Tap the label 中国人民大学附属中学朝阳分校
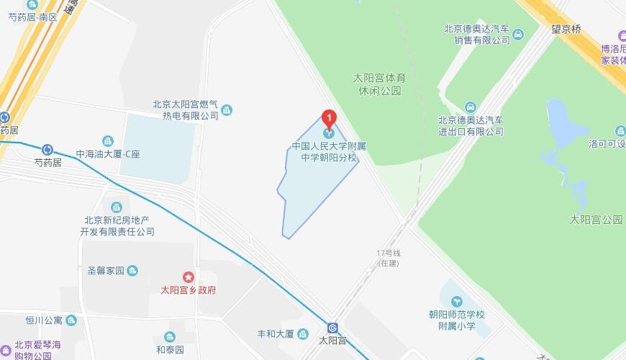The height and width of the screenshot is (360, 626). pyautogui.click(x=329, y=151)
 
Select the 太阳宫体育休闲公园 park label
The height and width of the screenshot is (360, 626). pyautogui.click(x=380, y=84)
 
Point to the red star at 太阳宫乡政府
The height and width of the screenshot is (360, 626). pyautogui.click(x=189, y=276)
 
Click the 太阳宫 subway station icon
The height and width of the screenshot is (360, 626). pyautogui.click(x=332, y=328)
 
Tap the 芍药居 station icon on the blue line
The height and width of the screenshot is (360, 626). pyautogui.click(x=47, y=150)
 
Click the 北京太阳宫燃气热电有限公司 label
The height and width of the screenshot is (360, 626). pyautogui.click(x=185, y=109)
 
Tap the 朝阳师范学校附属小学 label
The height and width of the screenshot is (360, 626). pyautogui.click(x=457, y=320)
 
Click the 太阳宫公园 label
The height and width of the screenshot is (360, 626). pyautogui.click(x=595, y=220)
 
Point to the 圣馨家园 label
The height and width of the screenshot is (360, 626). pyautogui.click(x=106, y=271)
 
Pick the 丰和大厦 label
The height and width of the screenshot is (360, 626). pyautogui.click(x=276, y=334)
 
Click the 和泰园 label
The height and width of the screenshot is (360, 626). pyautogui.click(x=170, y=350)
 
